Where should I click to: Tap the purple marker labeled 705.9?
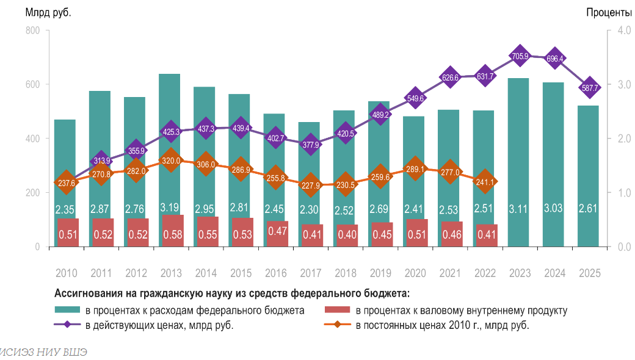(x=520, y=56)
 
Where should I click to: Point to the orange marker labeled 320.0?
(x=171, y=160)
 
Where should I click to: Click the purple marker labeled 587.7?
(x=589, y=87)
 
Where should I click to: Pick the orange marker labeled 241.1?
(x=485, y=181)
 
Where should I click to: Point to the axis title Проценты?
(x=609, y=12)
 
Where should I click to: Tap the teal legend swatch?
(x=67, y=311)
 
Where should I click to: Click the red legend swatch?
(x=338, y=311)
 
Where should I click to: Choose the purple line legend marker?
(x=67, y=325)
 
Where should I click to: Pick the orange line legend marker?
(x=338, y=325)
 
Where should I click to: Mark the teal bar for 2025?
(x=589, y=177)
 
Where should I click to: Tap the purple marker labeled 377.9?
(x=310, y=144)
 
